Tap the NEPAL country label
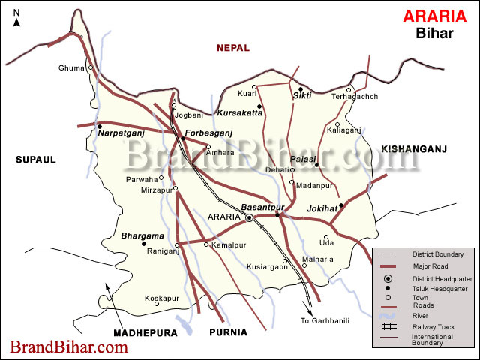pos(232,48)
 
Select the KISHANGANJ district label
pos(413,150)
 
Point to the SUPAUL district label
pos(35,159)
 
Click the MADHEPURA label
pos(145,332)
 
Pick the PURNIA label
pos(227,332)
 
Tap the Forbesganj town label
pos(209,133)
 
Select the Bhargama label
pos(142,235)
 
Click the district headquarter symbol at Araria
pos(250,218)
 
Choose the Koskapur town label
pos(162,298)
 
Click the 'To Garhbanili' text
pos(325,321)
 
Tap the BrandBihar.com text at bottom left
pos(68,347)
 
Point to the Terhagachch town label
pos(355,97)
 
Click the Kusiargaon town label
pos(267,266)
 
